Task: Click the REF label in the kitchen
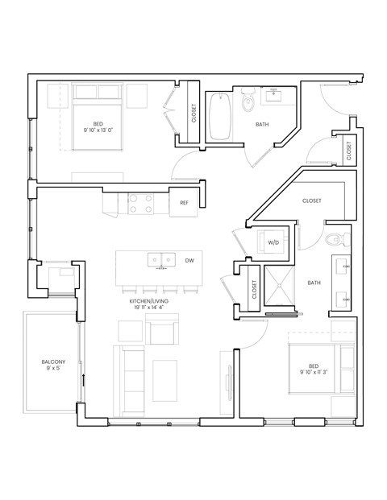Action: pyautogui.click(x=184, y=203)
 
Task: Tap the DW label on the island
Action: pyautogui.click(x=189, y=261)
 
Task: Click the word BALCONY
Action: pyautogui.click(x=53, y=362)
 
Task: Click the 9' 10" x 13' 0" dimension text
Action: pyautogui.click(x=97, y=130)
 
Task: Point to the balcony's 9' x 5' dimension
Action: pyautogui.click(x=53, y=371)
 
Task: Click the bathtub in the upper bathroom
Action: pyautogui.click(x=220, y=118)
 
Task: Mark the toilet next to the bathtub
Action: pyautogui.click(x=248, y=101)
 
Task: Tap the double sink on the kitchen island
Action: pyautogui.click(x=160, y=260)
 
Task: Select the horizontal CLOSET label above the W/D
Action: pyautogui.click(x=312, y=200)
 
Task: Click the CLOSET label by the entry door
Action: pyautogui.click(x=348, y=151)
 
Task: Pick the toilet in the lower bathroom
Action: pyautogui.click(x=338, y=239)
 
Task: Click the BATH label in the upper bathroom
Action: pyautogui.click(x=263, y=125)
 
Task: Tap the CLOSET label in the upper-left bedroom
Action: pyautogui.click(x=193, y=114)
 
